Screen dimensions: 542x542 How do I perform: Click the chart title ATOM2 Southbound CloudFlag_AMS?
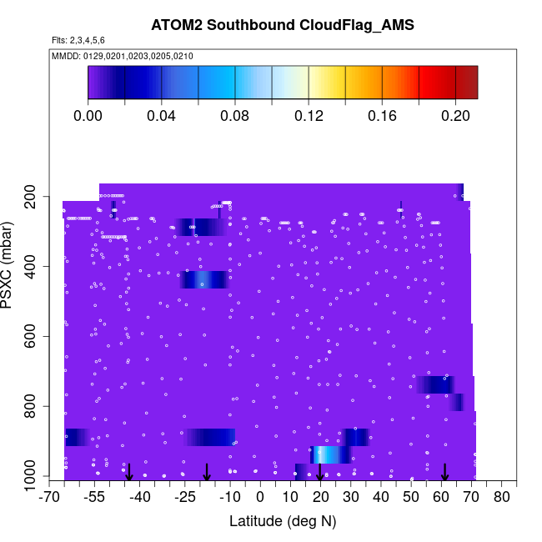tap(283, 25)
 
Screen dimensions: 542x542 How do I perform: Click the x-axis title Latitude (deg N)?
tap(283, 521)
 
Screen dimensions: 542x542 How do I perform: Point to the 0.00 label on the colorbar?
tap(88, 116)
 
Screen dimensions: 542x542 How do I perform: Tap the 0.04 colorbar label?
tap(162, 116)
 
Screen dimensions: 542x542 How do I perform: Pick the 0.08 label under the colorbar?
tap(235, 116)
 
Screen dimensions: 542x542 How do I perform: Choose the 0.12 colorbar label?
tap(309, 116)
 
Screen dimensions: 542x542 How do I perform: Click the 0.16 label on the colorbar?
tap(382, 116)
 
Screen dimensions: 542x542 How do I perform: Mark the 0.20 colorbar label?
tap(455, 116)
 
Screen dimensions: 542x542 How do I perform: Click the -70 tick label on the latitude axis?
tap(51, 498)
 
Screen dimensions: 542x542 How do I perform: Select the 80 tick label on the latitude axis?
tap(501, 498)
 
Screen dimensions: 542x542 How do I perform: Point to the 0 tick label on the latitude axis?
tap(260, 498)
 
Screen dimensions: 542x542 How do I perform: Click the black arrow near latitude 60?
tap(445, 472)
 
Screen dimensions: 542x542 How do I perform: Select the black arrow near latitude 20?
tap(319, 472)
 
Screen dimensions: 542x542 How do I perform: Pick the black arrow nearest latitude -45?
tap(129, 472)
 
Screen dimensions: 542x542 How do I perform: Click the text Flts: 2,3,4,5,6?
tap(78, 40)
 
